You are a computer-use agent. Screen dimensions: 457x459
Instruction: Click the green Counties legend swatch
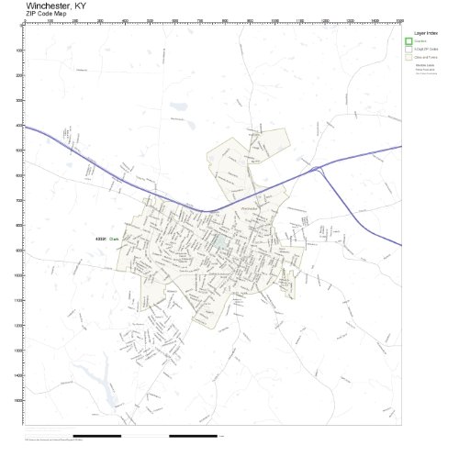(409, 41)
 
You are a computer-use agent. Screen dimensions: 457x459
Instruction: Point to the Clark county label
(116, 239)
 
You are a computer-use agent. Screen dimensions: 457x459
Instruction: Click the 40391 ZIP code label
(101, 239)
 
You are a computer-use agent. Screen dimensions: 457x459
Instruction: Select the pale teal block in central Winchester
(221, 242)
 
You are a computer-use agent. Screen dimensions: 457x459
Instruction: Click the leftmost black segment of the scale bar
(96, 435)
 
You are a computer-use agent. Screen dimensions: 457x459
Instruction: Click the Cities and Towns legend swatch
(409, 57)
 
